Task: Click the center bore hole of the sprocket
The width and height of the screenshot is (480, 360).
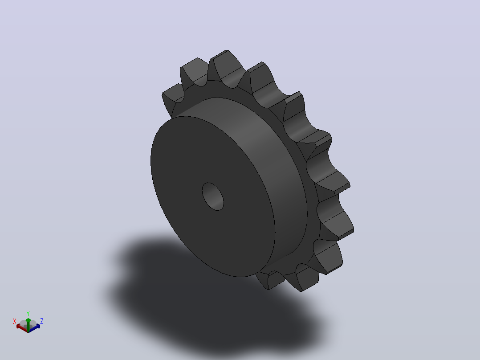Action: (x=213, y=196)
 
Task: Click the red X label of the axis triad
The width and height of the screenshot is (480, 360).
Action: (x=14, y=321)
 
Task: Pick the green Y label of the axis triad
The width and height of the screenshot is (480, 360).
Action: (x=28, y=313)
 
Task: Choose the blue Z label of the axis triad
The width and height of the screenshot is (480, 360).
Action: (x=42, y=321)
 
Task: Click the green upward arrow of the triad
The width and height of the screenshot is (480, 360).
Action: (x=28, y=325)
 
